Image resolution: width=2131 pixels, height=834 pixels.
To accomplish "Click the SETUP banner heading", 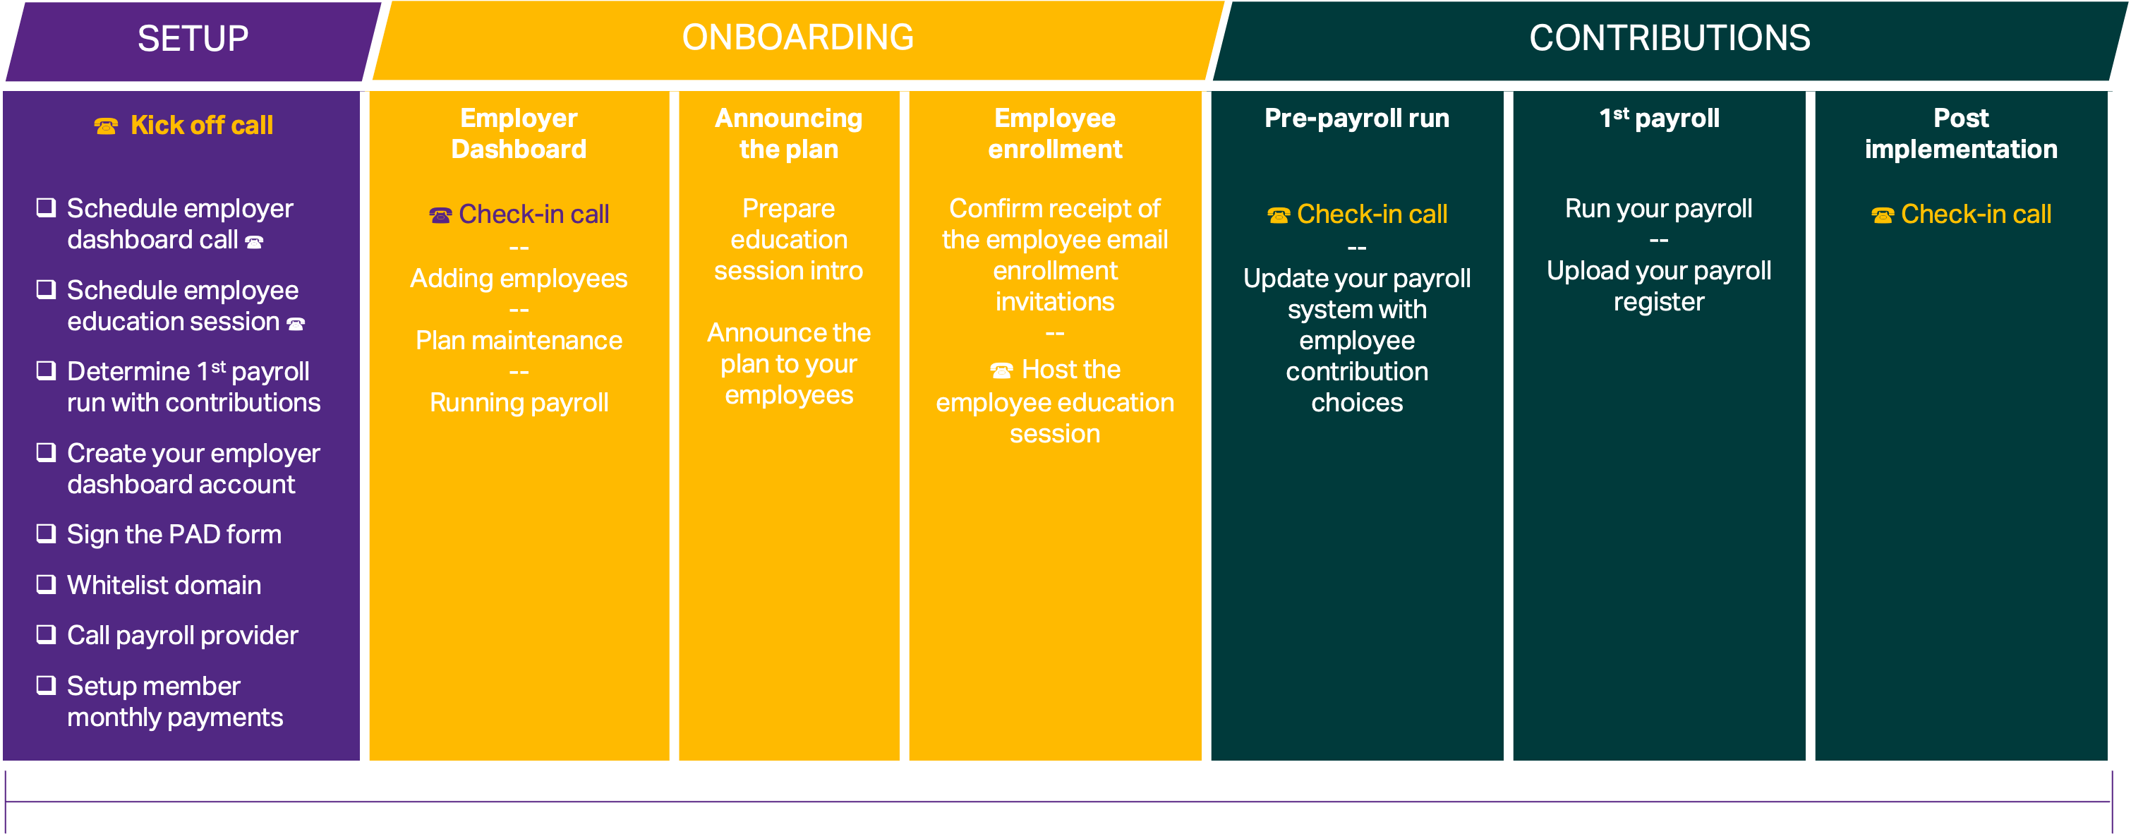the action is (x=193, y=39).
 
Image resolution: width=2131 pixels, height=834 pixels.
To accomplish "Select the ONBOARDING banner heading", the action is (x=797, y=38).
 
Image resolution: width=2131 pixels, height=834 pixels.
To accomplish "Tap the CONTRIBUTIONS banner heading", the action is (x=1670, y=38).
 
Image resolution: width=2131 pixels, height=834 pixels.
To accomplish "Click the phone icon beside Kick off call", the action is (x=106, y=126).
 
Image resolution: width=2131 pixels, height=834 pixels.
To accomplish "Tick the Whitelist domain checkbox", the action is (x=47, y=584).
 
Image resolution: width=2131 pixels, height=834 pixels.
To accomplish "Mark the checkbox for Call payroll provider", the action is (x=47, y=634).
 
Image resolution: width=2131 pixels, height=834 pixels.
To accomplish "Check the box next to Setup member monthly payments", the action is (x=47, y=685).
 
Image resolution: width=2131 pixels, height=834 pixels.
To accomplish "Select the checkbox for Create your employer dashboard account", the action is (x=47, y=452).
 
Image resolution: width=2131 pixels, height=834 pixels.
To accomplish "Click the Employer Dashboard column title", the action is (x=519, y=133).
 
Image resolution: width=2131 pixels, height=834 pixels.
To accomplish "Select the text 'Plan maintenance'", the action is (x=519, y=340).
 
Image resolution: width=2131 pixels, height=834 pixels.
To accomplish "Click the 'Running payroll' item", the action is (x=519, y=403).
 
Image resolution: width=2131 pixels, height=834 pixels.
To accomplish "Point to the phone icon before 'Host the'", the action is (x=1001, y=370).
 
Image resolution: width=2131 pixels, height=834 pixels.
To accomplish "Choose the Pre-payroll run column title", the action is (x=1357, y=119).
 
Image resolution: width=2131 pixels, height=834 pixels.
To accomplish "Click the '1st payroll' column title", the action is (x=1659, y=119).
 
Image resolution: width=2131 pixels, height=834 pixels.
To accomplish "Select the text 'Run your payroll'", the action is (x=1659, y=209).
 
